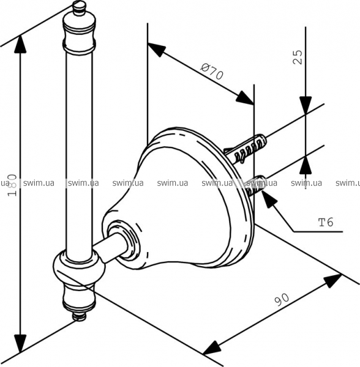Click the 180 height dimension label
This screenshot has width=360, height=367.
12,185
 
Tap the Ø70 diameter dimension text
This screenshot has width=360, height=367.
212,72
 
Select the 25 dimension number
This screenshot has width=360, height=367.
298,57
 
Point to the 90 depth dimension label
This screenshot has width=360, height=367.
282,299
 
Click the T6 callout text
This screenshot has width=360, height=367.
326,222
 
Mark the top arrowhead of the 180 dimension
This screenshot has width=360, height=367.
20,44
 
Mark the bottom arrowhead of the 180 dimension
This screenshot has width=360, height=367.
20,343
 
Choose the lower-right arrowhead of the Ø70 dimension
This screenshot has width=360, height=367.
244,98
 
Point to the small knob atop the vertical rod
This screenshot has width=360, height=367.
80,8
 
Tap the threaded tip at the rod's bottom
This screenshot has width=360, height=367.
79,316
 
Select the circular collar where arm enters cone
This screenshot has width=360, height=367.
122,239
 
